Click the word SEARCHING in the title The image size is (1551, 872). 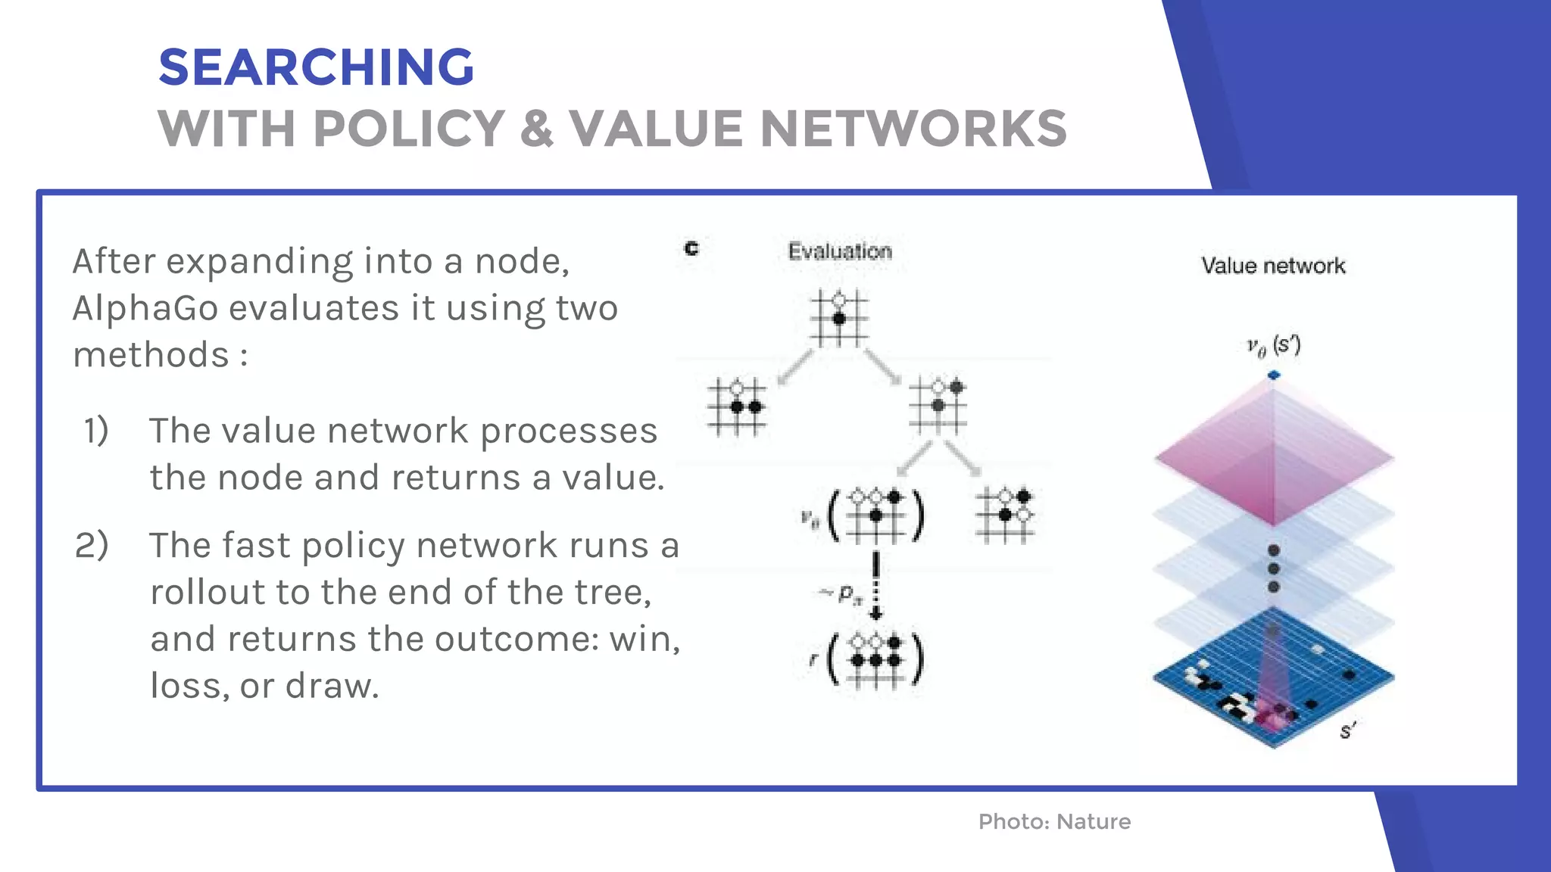pyautogui.click(x=316, y=67)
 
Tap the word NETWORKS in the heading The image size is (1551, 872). pyautogui.click(x=913, y=129)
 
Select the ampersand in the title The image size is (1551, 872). pyautogui.click(x=536, y=129)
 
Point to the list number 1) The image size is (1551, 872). pyautogui.click(x=96, y=431)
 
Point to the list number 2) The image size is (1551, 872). pyautogui.click(x=92, y=546)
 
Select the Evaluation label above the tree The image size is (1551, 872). pyautogui.click(x=840, y=251)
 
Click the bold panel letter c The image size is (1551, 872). pyautogui.click(x=691, y=248)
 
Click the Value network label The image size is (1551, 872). pyautogui.click(x=1273, y=266)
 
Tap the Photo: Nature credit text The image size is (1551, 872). pyautogui.click(x=1054, y=821)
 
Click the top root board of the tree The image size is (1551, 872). pyautogui.click(x=839, y=318)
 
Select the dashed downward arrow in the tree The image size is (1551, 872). pyautogui.click(x=876, y=584)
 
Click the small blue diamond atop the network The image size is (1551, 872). pyautogui.click(x=1274, y=375)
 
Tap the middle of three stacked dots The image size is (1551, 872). pyautogui.click(x=1274, y=568)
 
